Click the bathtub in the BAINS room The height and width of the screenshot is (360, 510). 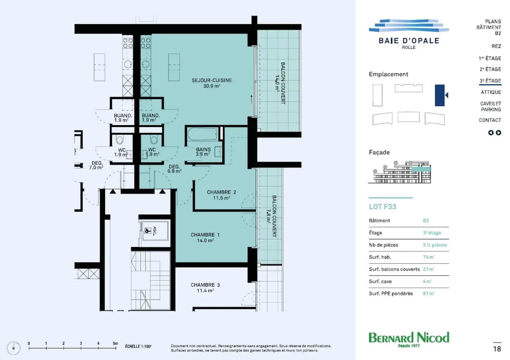[202, 134]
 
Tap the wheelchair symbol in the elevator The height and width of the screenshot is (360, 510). [148, 231]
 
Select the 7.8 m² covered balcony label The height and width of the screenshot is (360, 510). [272, 216]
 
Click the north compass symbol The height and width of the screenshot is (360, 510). [13, 348]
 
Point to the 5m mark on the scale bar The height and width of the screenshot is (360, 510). [115, 343]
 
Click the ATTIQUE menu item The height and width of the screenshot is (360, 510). [491, 92]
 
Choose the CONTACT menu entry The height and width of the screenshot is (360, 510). [490, 120]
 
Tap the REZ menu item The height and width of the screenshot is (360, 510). [496, 46]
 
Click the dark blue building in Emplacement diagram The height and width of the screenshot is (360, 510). [440, 95]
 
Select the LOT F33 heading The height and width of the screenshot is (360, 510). [382, 207]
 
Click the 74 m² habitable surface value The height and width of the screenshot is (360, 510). [429, 257]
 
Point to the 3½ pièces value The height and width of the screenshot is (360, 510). [435, 245]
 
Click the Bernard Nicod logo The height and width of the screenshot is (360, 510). [409, 339]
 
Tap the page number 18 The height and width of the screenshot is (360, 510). [497, 349]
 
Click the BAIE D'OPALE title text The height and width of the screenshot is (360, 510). [409, 41]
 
